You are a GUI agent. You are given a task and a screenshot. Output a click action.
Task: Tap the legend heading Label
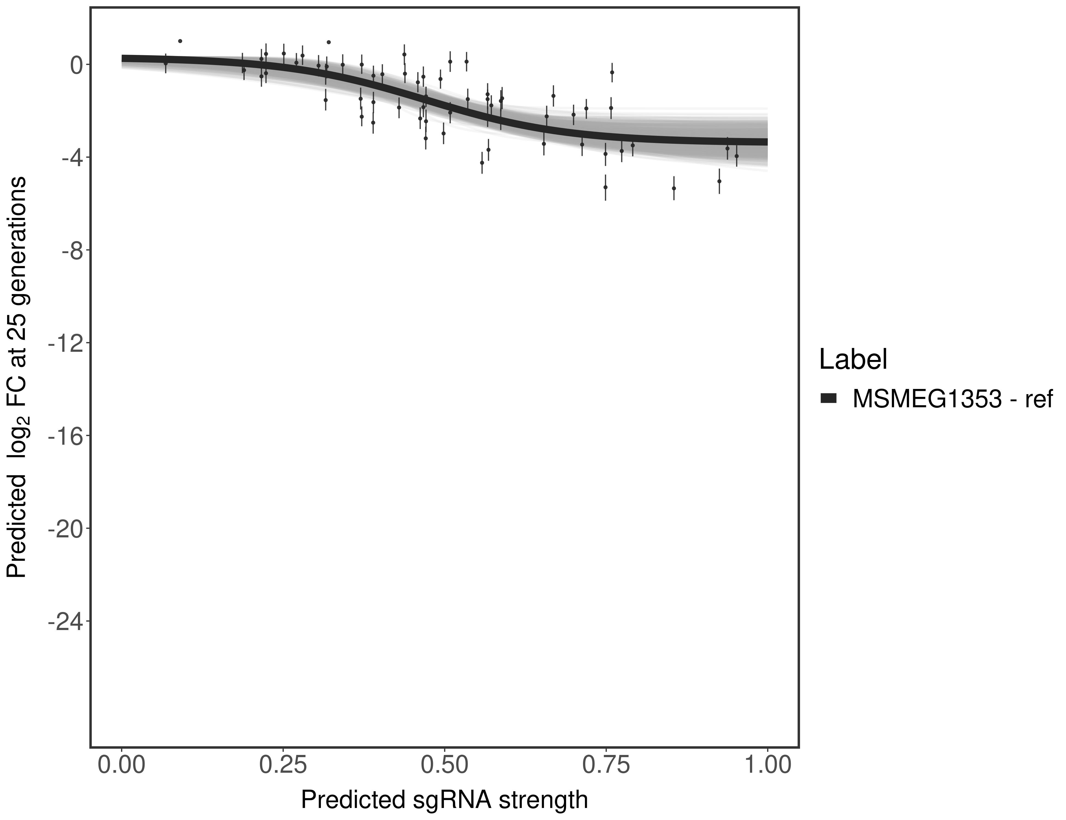coord(853,360)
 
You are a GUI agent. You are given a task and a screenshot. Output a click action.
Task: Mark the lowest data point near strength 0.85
coord(673,188)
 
